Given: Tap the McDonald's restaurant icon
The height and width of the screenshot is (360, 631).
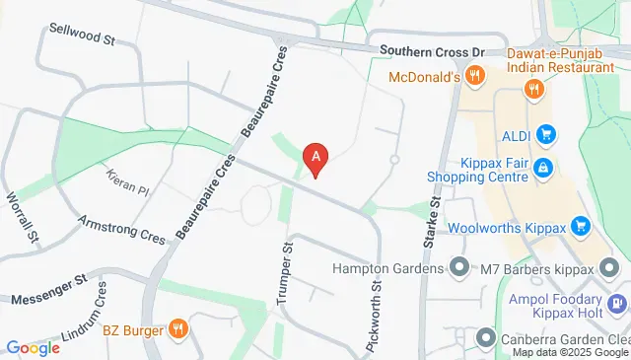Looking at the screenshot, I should pos(474,76).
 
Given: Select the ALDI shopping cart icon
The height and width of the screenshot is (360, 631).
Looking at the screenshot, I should pos(546,134).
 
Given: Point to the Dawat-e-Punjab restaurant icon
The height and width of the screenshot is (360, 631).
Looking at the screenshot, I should pos(533,89).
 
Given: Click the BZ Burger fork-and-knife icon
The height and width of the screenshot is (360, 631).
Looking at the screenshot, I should pos(178,328).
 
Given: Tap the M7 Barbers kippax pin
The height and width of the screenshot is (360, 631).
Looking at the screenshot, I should pos(610,267).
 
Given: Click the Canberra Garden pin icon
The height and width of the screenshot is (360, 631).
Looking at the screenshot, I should pos(485,340).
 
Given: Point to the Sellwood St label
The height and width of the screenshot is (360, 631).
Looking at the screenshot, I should pos(83,39).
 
